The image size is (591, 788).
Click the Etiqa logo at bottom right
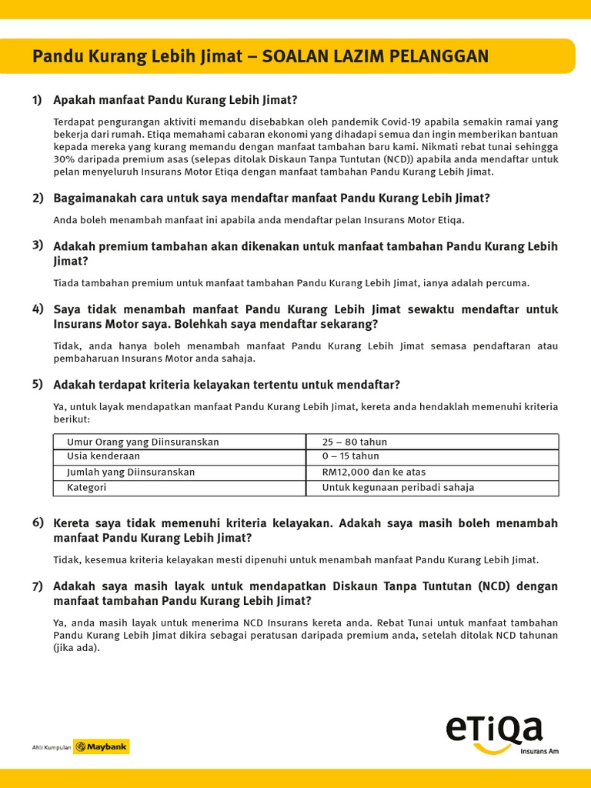coord(494,731)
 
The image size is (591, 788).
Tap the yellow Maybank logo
coord(101,746)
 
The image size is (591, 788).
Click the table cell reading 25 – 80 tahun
coord(355,442)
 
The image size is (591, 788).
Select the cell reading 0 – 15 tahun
coord(350,456)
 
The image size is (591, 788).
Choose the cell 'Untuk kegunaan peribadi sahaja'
coord(398,487)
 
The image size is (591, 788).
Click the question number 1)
coord(37,100)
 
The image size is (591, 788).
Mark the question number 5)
coord(37,384)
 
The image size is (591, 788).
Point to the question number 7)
coord(37,586)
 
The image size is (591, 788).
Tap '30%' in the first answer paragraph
coord(65,159)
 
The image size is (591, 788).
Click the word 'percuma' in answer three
coord(509,283)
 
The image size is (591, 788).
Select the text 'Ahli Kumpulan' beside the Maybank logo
coord(51,747)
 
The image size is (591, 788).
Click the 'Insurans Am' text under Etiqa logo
coord(539,751)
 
